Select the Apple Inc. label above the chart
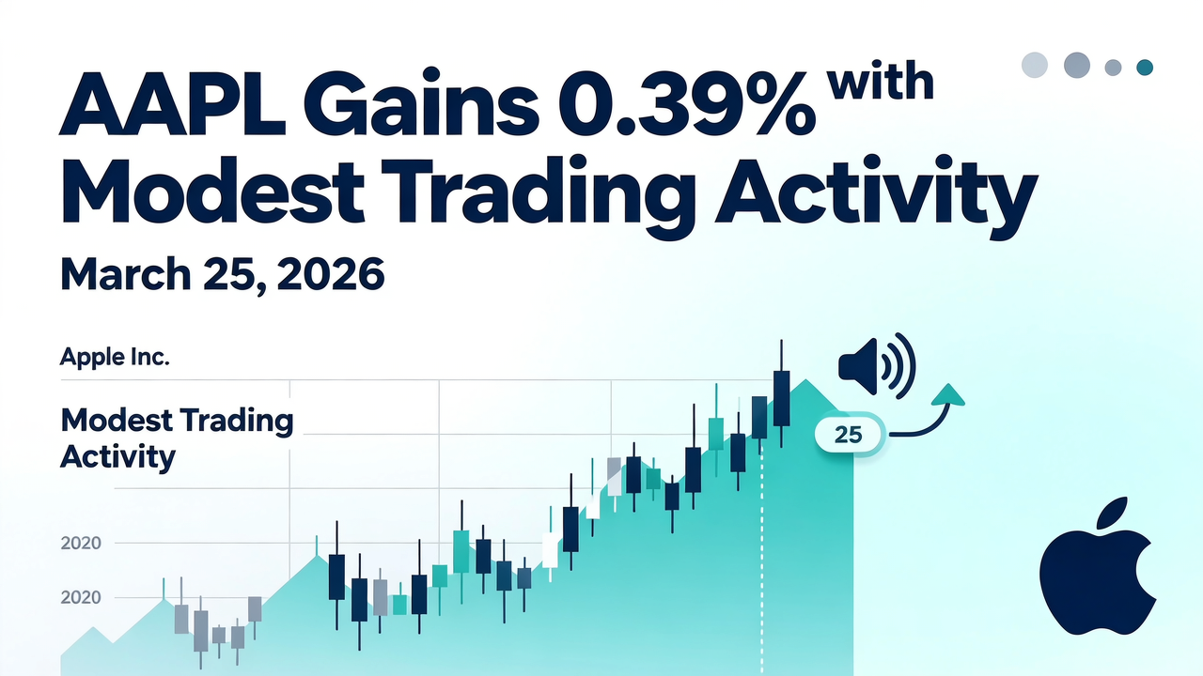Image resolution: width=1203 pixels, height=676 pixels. (115, 358)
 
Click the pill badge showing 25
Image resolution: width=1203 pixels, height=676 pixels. (849, 435)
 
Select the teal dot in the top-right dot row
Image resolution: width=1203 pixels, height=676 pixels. (1145, 67)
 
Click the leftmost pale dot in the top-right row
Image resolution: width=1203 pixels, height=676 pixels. (1034, 65)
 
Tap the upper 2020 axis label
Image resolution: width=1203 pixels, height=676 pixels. (80, 543)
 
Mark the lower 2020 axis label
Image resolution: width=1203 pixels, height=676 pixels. (80, 597)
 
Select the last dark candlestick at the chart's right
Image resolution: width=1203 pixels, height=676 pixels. (780, 398)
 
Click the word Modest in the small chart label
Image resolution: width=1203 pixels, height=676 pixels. (117, 420)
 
